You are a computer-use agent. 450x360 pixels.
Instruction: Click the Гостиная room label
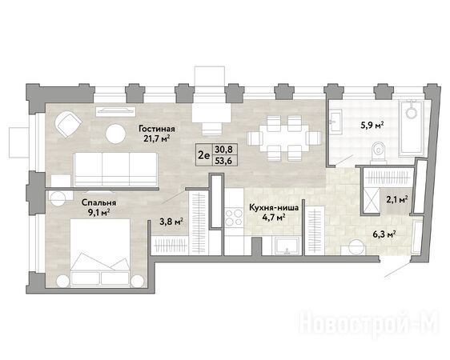click(x=157, y=129)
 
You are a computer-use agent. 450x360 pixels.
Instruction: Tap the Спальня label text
click(x=99, y=202)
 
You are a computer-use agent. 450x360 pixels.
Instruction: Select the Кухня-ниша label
click(x=274, y=207)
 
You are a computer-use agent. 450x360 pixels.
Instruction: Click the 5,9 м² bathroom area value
click(x=373, y=126)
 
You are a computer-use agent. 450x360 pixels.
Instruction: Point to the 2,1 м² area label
click(x=397, y=200)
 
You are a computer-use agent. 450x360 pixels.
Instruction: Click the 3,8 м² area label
click(x=171, y=222)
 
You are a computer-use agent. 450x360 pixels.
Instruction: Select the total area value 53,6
click(x=225, y=160)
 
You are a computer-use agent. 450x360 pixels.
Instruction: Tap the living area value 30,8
click(x=225, y=149)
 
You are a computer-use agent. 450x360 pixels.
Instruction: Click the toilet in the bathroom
click(x=379, y=154)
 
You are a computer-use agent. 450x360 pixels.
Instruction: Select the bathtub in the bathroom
click(x=412, y=127)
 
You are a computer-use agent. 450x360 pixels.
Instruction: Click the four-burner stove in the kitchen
click(x=234, y=218)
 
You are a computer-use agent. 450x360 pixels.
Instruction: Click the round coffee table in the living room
click(x=115, y=134)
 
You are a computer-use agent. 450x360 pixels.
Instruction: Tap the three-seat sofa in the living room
click(x=116, y=169)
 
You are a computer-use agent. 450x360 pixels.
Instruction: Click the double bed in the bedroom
click(x=100, y=252)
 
